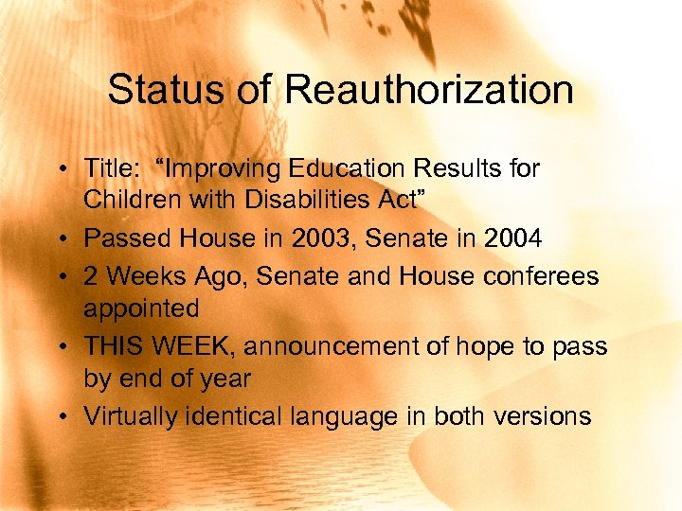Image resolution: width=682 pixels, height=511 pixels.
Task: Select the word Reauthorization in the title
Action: point(429,91)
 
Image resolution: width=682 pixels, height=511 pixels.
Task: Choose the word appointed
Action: point(141,308)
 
